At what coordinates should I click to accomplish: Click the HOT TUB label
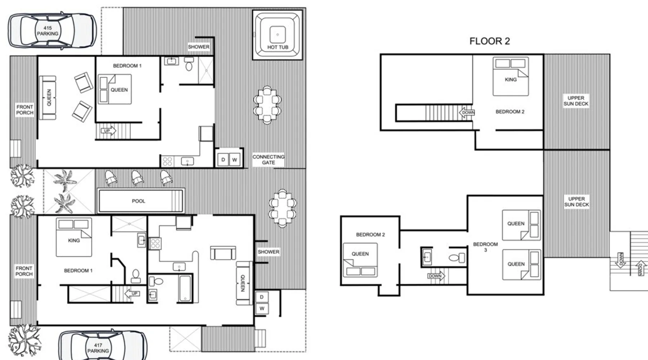(278, 47)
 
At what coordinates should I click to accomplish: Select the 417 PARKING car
(103, 346)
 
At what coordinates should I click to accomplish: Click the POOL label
(139, 201)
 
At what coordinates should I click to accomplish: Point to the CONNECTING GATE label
(269, 159)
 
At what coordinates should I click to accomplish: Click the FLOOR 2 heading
(490, 41)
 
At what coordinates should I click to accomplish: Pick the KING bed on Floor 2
(510, 76)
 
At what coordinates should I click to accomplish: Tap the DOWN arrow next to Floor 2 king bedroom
(467, 113)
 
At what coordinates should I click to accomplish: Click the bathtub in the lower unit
(185, 288)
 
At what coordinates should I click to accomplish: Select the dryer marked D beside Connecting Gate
(223, 159)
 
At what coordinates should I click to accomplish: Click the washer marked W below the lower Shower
(262, 308)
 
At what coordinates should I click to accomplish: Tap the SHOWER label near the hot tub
(198, 47)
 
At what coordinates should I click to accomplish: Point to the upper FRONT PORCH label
(24, 110)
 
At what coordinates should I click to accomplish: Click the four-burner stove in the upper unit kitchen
(167, 161)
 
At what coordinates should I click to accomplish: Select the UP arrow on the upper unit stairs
(108, 130)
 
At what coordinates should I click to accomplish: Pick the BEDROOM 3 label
(485, 247)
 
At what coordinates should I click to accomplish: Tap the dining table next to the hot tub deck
(267, 105)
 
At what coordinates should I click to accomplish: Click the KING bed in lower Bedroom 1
(74, 237)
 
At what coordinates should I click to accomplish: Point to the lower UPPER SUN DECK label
(576, 202)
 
